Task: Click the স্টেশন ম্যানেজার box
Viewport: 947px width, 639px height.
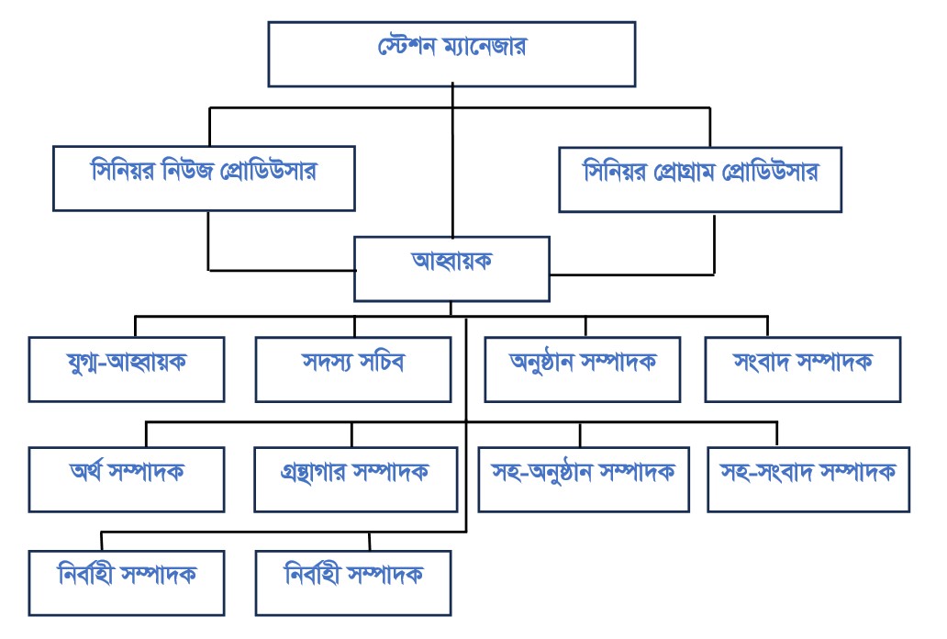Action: (452, 53)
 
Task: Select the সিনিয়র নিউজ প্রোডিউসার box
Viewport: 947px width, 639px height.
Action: (204, 178)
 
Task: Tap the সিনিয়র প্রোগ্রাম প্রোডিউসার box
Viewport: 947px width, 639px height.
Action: (713, 178)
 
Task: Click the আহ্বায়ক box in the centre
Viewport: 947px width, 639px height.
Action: (451, 268)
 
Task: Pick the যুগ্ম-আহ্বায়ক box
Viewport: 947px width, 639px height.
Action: (127, 369)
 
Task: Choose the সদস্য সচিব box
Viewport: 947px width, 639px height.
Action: (353, 369)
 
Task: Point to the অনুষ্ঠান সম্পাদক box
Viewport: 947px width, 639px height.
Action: (583, 369)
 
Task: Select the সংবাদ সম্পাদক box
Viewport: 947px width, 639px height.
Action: (803, 369)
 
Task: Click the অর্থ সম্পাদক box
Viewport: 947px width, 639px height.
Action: (127, 478)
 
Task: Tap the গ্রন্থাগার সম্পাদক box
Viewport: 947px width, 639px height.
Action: (356, 478)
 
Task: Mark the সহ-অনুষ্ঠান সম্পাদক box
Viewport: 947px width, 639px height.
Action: (585, 478)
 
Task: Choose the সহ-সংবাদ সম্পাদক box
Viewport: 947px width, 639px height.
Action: (808, 478)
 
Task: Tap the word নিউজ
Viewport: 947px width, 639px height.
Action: (198, 172)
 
